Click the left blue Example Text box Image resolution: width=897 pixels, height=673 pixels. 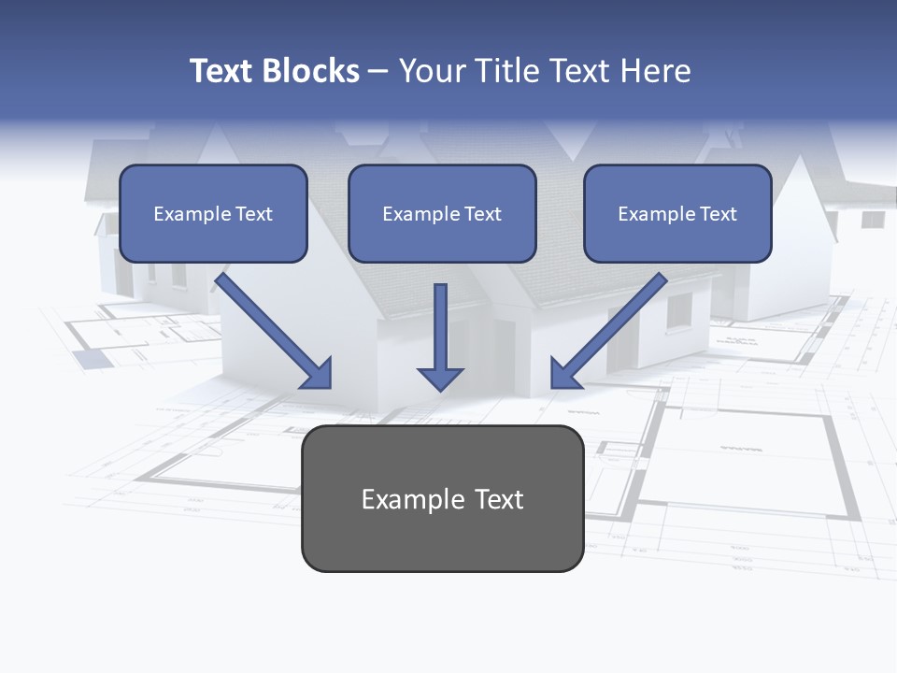click(x=213, y=213)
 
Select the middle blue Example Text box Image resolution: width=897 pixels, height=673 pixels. click(x=442, y=213)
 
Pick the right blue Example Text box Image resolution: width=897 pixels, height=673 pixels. click(x=677, y=213)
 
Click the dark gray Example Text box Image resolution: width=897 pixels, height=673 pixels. click(x=442, y=499)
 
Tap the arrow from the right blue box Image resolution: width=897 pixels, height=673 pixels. click(x=612, y=327)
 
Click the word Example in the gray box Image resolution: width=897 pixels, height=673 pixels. click(x=400, y=499)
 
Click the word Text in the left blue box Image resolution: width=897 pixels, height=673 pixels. click(x=254, y=214)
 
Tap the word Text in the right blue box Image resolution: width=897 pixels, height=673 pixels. click(x=719, y=214)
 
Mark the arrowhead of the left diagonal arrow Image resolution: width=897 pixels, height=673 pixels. click(x=318, y=374)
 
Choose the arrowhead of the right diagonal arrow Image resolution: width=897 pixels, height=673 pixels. click(x=564, y=374)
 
